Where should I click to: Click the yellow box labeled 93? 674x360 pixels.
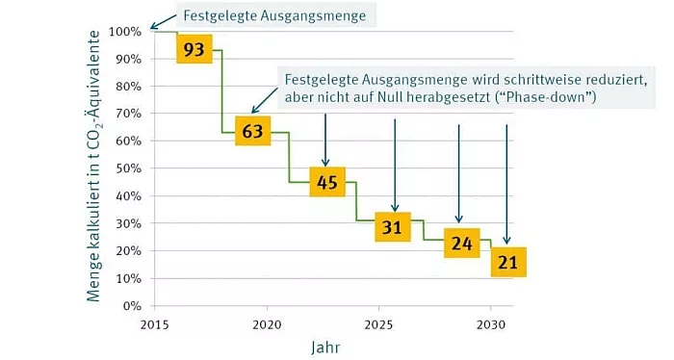coord(194,49)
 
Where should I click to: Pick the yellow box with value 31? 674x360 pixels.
coord(392,228)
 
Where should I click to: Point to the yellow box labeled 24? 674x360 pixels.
coord(460,244)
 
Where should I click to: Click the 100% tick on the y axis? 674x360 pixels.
coord(127,31)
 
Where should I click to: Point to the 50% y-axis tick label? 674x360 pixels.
coord(130,168)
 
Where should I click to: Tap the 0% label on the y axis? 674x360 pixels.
coord(133,306)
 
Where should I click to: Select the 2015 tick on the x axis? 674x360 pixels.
coord(153,323)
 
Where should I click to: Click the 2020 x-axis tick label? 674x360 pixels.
coord(266,323)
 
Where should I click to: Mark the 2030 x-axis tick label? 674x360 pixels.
coord(491,323)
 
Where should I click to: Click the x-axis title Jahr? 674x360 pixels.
coord(324,345)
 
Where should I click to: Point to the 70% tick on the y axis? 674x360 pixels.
coord(130,114)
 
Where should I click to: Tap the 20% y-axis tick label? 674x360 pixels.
coord(130,251)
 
